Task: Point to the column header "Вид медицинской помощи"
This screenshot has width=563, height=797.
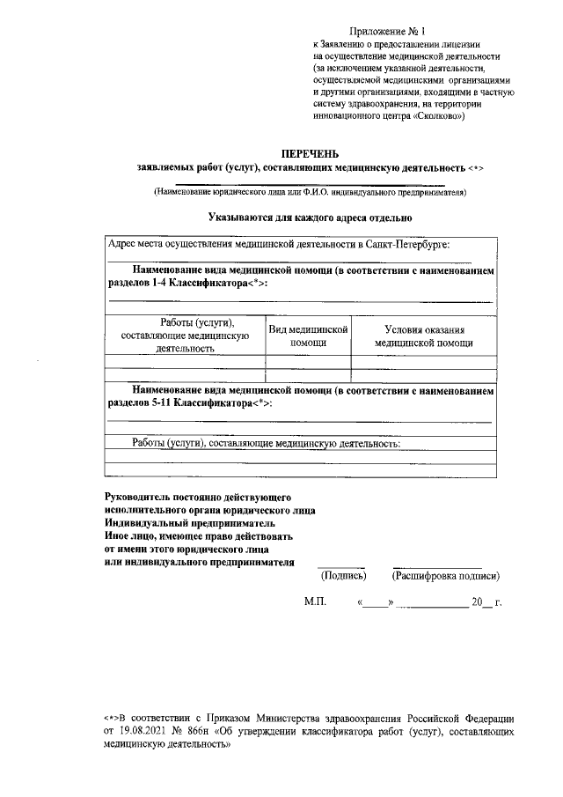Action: (308, 335)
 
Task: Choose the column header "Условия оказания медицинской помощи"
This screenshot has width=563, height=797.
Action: (423, 335)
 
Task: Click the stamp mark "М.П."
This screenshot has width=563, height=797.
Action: (315, 605)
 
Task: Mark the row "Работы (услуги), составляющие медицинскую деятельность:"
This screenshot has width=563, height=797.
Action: (266, 443)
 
